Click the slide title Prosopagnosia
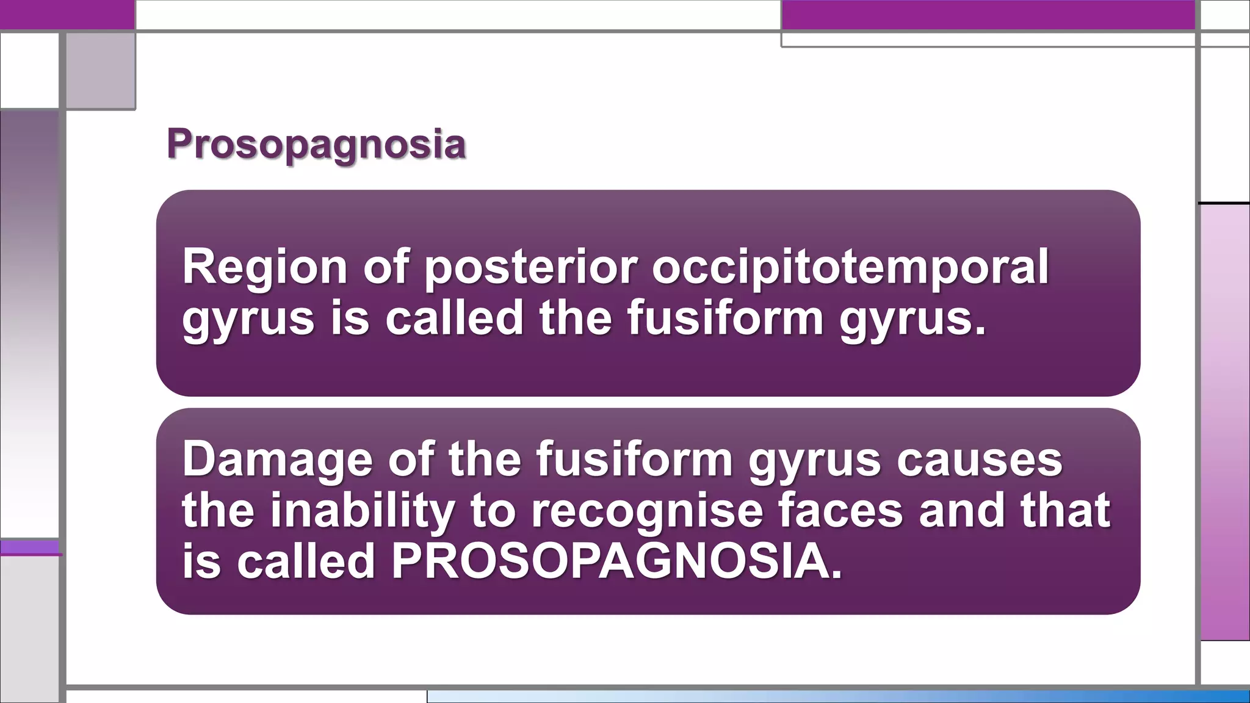tap(316, 145)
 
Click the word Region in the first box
tap(264, 267)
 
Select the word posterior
tap(530, 267)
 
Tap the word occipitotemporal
tap(850, 267)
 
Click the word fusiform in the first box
tap(725, 318)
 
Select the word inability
tap(363, 510)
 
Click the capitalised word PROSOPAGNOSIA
tap(616, 561)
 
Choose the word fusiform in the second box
tap(634, 459)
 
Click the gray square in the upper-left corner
tap(100, 70)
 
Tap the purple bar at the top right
tap(988, 15)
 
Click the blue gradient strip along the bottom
tap(836, 696)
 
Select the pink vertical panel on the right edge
tap(1225, 421)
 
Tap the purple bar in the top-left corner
tap(67, 14)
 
